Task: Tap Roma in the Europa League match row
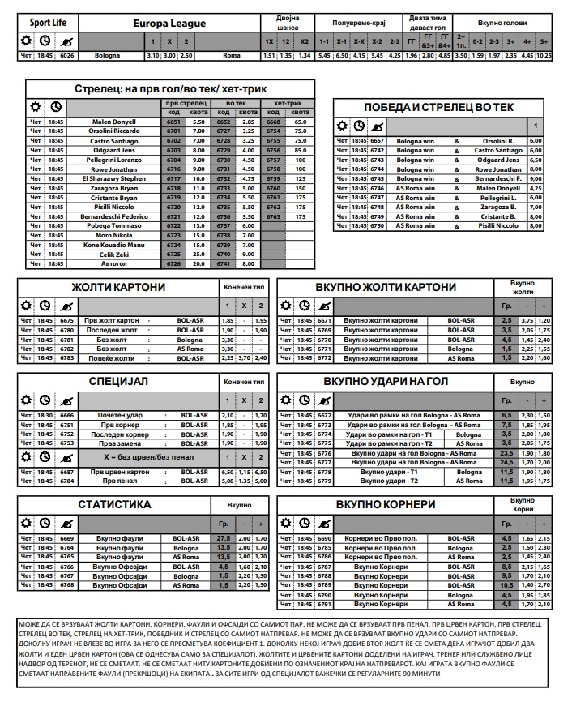point(231,55)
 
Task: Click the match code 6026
point(67,55)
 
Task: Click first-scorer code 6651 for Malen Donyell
point(173,122)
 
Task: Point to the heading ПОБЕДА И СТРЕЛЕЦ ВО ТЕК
point(438,107)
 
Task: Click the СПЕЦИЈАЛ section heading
point(118,380)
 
